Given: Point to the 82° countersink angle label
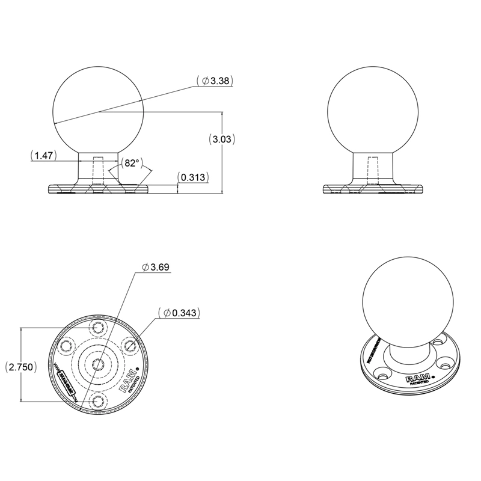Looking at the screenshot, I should click(x=130, y=163).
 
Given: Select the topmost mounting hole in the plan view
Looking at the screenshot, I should click(x=97, y=328).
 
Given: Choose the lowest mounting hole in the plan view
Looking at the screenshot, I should click(x=97, y=400).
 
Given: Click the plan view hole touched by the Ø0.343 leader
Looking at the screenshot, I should click(x=127, y=346).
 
